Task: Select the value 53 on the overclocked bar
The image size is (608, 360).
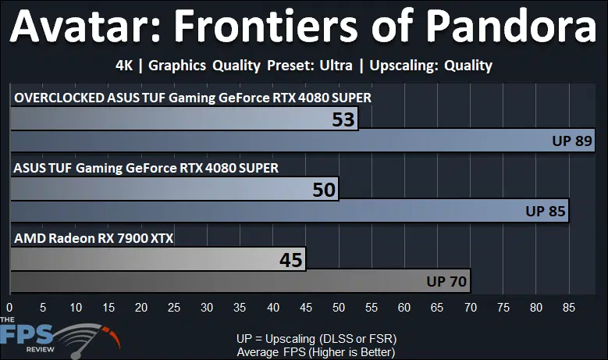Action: pyautogui.click(x=343, y=119)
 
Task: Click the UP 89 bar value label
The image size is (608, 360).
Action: pyautogui.click(x=572, y=141)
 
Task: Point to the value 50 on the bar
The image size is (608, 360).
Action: pyautogui.click(x=324, y=190)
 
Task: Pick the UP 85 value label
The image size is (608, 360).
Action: pyautogui.click(x=546, y=211)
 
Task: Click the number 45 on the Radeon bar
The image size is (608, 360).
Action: pyautogui.click(x=291, y=260)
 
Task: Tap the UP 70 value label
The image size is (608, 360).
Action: pyautogui.click(x=446, y=281)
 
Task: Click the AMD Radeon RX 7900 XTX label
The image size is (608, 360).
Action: pyautogui.click(x=94, y=238)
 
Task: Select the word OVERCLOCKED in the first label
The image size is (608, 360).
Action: pyautogui.click(x=59, y=98)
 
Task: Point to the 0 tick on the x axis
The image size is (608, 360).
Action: pyautogui.click(x=9, y=308)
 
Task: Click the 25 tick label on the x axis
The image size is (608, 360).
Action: pyautogui.click(x=174, y=308)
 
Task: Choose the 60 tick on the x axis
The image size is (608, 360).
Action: pyautogui.click(x=404, y=308)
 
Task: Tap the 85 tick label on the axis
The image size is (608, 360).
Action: pyautogui.click(x=569, y=308)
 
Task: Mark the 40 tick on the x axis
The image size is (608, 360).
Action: pyautogui.click(x=273, y=308)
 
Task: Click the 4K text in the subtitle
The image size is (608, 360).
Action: pyautogui.click(x=124, y=66)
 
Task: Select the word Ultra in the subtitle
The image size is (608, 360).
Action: pyautogui.click(x=336, y=66)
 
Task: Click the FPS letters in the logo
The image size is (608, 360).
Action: pyautogui.click(x=27, y=335)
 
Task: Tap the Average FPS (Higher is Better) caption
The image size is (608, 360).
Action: pyautogui.click(x=316, y=352)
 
